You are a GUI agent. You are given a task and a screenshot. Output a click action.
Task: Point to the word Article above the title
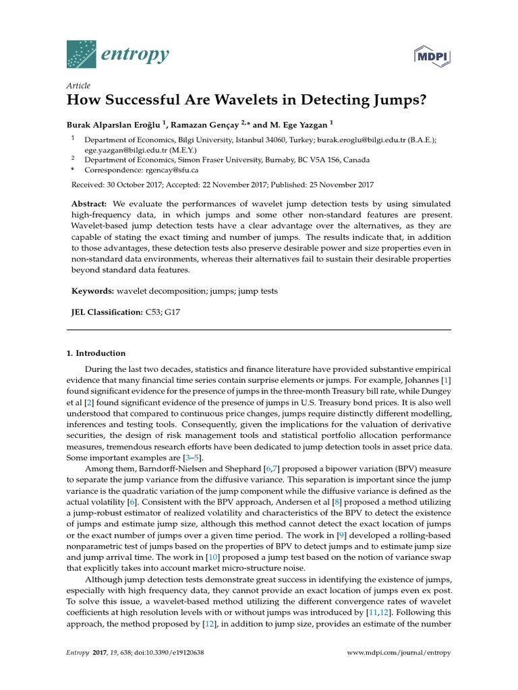(78, 86)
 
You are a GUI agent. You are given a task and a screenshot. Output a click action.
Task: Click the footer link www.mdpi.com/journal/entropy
(398, 653)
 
